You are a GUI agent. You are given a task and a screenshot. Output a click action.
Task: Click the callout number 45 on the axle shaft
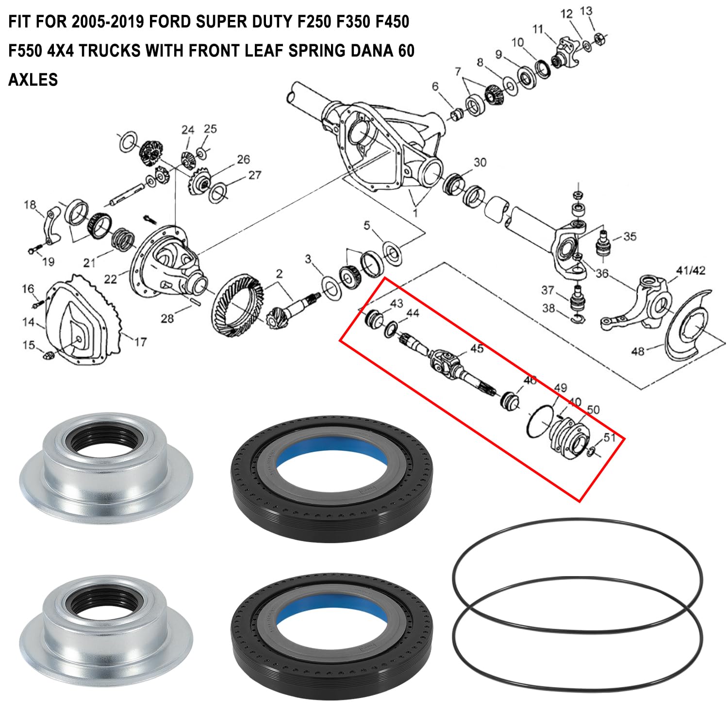point(477,349)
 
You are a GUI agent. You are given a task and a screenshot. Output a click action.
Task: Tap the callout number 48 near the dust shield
point(638,350)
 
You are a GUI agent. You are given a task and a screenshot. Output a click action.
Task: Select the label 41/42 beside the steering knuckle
point(691,270)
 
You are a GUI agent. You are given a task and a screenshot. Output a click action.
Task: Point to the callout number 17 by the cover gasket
point(140,342)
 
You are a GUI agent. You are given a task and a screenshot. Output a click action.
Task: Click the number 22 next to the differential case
point(110,279)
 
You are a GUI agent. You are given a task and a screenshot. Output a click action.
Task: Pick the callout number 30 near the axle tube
point(480,162)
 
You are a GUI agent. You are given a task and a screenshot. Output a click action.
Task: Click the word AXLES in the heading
point(33,79)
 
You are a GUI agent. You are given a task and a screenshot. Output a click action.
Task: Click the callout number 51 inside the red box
point(609,437)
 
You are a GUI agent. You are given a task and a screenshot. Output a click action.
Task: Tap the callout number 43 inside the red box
point(396,303)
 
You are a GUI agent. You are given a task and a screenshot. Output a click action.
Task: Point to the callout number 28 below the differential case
point(167,318)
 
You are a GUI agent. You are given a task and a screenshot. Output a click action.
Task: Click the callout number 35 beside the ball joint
point(629,236)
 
